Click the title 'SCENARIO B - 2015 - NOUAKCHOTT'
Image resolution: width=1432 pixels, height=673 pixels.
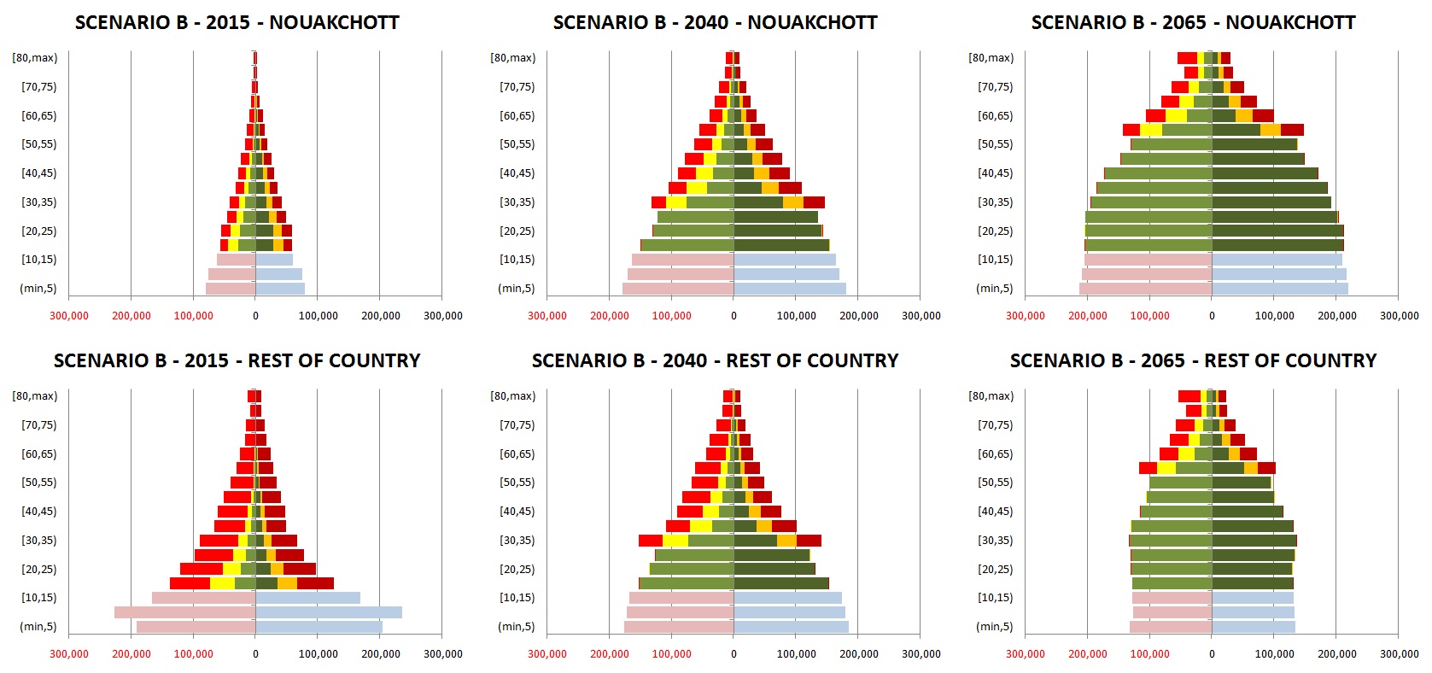point(237,23)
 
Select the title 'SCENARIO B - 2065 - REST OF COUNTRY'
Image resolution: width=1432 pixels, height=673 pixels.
point(1193,361)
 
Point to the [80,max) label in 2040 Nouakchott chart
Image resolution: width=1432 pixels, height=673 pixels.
point(512,58)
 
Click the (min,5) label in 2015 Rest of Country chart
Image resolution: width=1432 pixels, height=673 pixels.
point(38,627)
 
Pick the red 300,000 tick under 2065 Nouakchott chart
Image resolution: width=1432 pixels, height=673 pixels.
point(1025,316)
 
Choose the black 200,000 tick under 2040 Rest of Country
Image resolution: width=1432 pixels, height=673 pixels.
point(858,654)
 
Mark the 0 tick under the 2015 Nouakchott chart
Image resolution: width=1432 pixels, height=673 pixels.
point(255,316)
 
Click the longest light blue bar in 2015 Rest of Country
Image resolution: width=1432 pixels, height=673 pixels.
point(329,612)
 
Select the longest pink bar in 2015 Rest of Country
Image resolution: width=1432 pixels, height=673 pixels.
point(184,612)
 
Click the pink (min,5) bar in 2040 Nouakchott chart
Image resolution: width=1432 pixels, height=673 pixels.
point(678,289)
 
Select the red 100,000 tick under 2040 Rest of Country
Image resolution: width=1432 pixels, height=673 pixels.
point(671,654)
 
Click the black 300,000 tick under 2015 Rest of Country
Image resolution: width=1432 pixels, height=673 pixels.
point(443,654)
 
